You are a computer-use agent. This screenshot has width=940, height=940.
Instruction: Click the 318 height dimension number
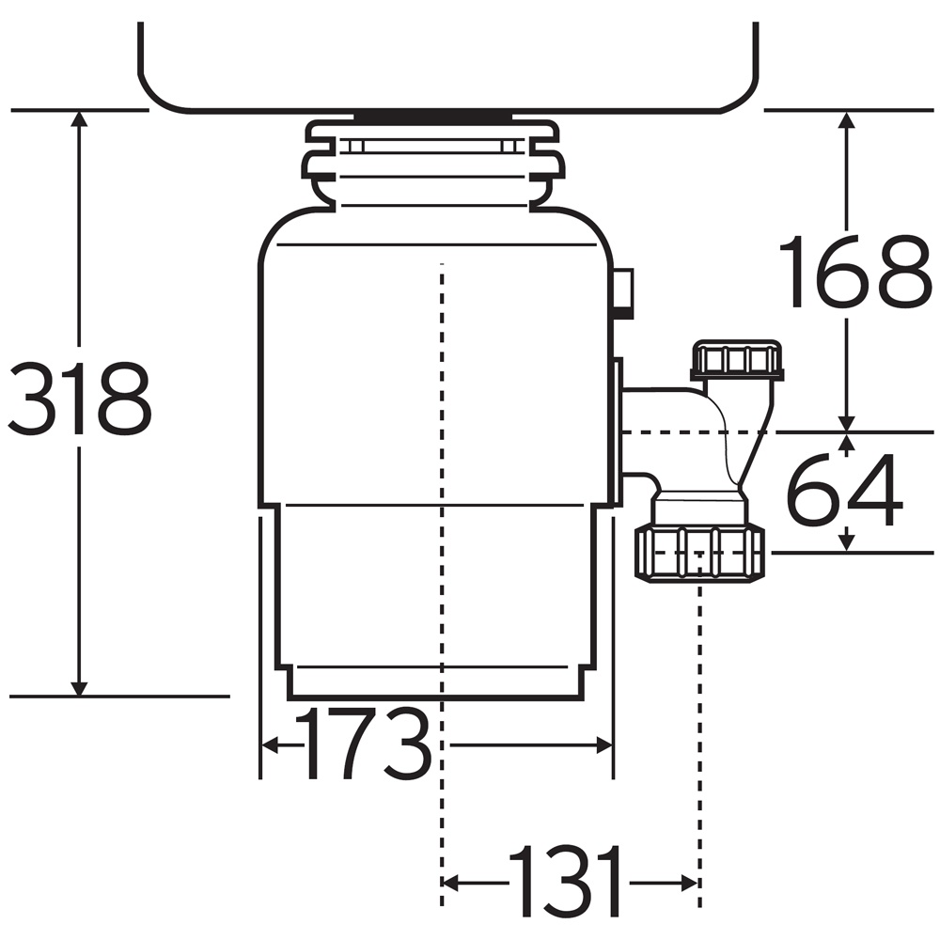tap(80, 399)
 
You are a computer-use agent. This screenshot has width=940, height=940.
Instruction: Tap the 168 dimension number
tap(854, 273)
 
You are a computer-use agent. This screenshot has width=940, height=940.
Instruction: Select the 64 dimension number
tap(844, 491)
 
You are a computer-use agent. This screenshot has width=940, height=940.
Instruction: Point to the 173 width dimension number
tap(364, 743)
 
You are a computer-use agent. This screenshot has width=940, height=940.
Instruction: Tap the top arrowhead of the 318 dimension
tap(79, 118)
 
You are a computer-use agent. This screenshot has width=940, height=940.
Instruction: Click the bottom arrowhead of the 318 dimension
tap(79, 689)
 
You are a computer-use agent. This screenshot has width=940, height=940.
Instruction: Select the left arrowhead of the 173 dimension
tap(271, 745)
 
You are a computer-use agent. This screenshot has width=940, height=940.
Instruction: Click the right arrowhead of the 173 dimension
tap(603, 745)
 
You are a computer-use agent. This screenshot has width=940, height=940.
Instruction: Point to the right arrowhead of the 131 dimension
tap(689, 883)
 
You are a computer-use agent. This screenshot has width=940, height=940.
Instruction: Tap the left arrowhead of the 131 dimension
tap(450, 883)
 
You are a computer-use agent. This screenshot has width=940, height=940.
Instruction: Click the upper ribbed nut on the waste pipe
tap(737, 360)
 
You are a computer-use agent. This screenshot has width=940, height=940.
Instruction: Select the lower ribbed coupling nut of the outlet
tap(699, 552)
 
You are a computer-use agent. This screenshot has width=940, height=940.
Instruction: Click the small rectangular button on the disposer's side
tap(623, 293)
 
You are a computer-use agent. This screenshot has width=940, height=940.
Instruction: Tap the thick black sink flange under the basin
tap(432, 116)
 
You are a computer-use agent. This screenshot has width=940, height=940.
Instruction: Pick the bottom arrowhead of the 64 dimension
tap(846, 542)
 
